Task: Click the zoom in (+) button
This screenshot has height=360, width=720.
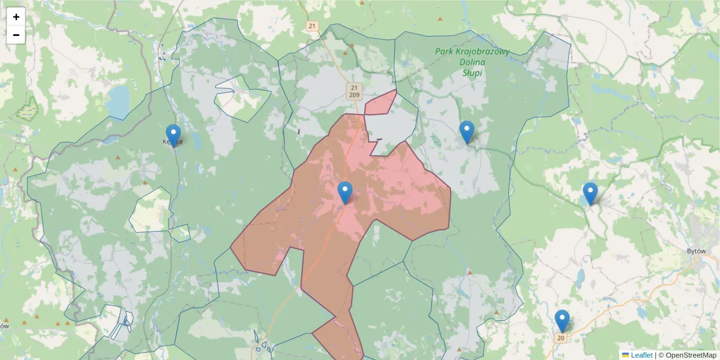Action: click(x=16, y=17)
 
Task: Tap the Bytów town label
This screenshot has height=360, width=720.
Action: click(x=699, y=252)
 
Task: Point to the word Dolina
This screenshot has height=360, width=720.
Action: click(x=472, y=62)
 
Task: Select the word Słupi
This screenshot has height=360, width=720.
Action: click(x=472, y=73)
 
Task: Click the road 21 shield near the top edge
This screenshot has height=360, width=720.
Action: click(x=311, y=26)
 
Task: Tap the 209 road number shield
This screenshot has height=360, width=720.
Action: click(x=354, y=95)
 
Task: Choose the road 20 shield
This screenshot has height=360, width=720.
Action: click(x=561, y=338)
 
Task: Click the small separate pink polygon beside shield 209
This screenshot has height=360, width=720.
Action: click(x=380, y=104)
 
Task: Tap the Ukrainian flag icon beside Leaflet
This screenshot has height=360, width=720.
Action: click(x=625, y=355)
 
